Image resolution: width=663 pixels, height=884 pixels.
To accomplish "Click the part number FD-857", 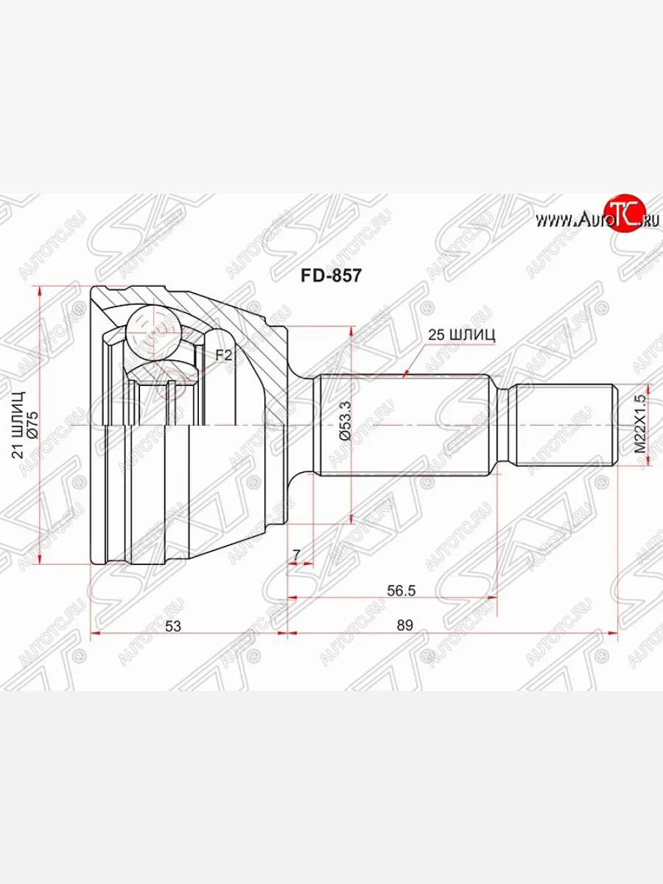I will (330, 275).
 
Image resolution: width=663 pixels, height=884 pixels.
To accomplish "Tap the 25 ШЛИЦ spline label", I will (461, 334).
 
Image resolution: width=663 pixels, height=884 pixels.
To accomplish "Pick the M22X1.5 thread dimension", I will (639, 425).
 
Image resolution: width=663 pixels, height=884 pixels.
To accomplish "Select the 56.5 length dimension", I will (401, 589).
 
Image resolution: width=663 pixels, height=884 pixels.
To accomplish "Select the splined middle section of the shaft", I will (405, 426).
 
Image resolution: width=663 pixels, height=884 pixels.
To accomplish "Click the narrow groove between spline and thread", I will (508, 426).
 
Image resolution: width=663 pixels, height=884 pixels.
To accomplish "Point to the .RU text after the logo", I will (648, 219).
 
